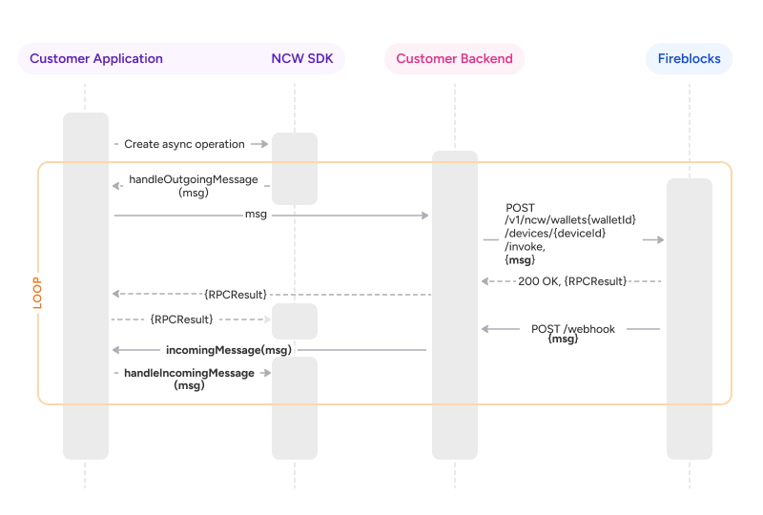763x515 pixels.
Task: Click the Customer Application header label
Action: (x=96, y=58)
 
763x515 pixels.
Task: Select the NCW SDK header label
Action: (x=302, y=58)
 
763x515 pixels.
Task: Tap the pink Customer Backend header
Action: (x=454, y=58)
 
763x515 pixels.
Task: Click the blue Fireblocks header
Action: (x=689, y=58)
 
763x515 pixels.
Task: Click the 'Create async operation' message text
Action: (x=184, y=144)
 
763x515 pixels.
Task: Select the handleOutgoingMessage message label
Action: (x=193, y=185)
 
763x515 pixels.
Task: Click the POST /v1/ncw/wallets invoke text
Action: (x=570, y=234)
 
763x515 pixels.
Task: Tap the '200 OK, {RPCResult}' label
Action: (x=572, y=281)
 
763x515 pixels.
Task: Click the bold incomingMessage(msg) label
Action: (x=228, y=350)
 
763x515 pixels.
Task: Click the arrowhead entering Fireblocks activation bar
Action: (x=659, y=240)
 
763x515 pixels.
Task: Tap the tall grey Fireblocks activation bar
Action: (x=689, y=319)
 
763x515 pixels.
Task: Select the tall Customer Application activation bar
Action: (x=86, y=286)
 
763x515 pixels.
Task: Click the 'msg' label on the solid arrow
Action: (x=256, y=215)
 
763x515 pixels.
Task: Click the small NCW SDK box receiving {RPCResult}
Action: (x=294, y=321)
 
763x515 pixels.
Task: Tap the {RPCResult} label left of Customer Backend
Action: (x=236, y=294)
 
